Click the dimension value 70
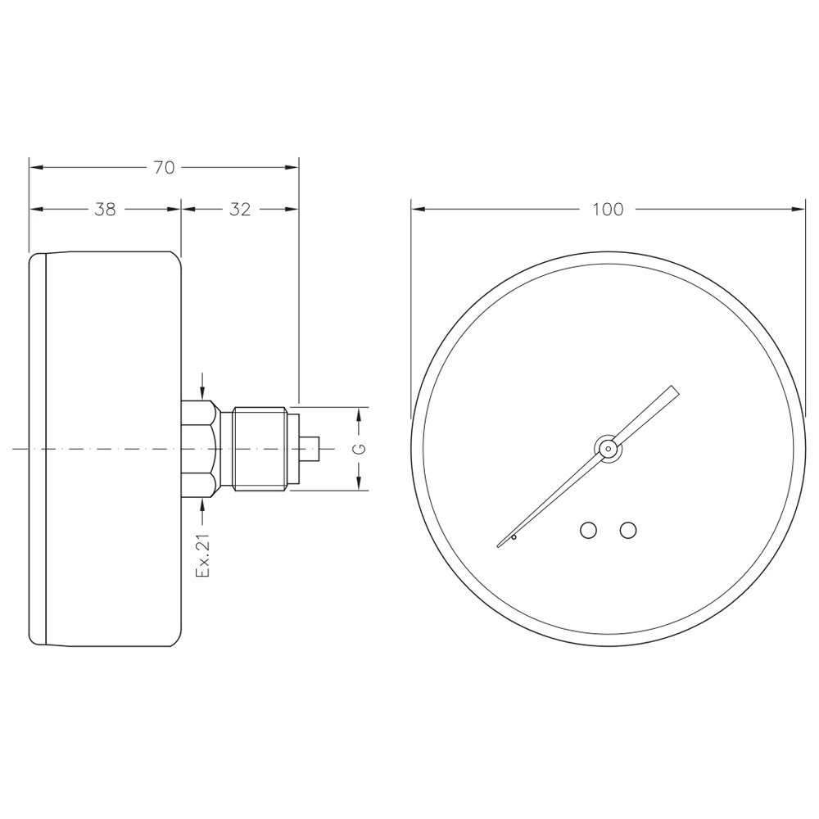pyautogui.click(x=164, y=168)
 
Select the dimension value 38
pyautogui.click(x=105, y=210)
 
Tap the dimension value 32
pyautogui.click(x=240, y=210)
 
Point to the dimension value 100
pyautogui.click(x=608, y=210)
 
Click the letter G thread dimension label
pyautogui.click(x=360, y=449)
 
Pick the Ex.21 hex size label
pyautogui.click(x=202, y=555)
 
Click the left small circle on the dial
pyautogui.click(x=589, y=530)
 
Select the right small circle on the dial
pyautogui.click(x=628, y=530)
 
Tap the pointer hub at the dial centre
pyautogui.click(x=608, y=448)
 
